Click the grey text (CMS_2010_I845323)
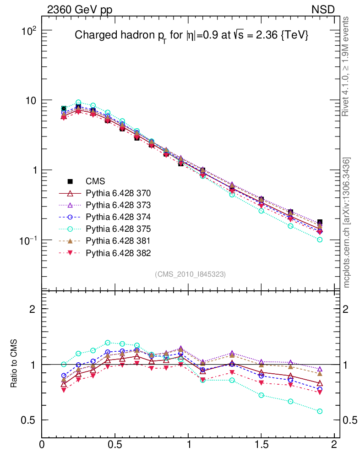(x=191, y=274)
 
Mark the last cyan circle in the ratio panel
(x=320, y=411)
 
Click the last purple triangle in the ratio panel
(x=320, y=369)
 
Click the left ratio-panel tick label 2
(x=32, y=309)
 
